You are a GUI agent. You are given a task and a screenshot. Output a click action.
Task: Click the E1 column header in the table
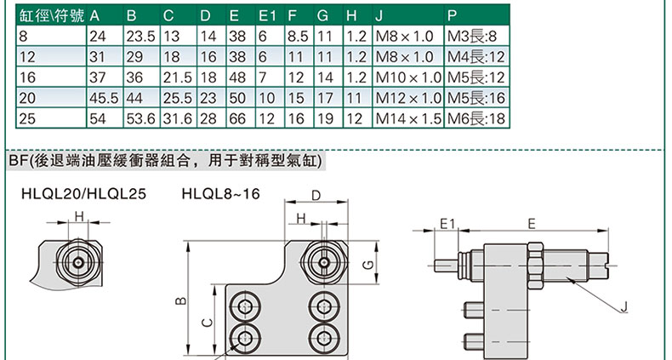(x=267, y=16)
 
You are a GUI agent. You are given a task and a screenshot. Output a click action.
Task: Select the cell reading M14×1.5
(x=408, y=118)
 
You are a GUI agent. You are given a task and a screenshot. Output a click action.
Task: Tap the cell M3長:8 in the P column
(x=472, y=37)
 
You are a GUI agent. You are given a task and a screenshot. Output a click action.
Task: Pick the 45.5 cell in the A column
(x=103, y=98)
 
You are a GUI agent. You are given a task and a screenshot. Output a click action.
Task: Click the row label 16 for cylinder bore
(x=27, y=77)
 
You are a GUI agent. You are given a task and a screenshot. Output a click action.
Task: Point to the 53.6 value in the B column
(x=140, y=118)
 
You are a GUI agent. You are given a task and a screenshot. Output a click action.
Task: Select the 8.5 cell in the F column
(x=298, y=37)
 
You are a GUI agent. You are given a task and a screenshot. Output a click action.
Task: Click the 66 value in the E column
(x=237, y=118)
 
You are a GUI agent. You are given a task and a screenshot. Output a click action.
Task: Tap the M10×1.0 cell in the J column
(x=408, y=77)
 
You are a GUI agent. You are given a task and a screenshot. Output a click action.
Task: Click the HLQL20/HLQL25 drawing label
(x=83, y=194)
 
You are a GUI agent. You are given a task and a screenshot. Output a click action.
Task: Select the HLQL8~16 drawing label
(x=220, y=194)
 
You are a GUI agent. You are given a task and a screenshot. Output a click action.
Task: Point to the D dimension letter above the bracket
(x=316, y=196)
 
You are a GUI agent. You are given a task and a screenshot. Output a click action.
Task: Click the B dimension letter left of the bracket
(x=181, y=300)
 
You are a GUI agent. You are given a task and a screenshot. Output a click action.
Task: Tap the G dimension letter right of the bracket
(x=367, y=265)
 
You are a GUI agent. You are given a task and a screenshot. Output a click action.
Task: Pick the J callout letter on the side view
(x=624, y=306)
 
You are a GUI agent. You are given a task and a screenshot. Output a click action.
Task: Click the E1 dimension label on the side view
(x=447, y=223)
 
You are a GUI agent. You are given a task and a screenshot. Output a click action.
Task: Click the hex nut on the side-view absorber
(x=536, y=266)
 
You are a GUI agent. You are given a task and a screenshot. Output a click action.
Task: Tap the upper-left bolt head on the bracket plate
(x=245, y=307)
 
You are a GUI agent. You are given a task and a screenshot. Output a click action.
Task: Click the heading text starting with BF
(x=165, y=161)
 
